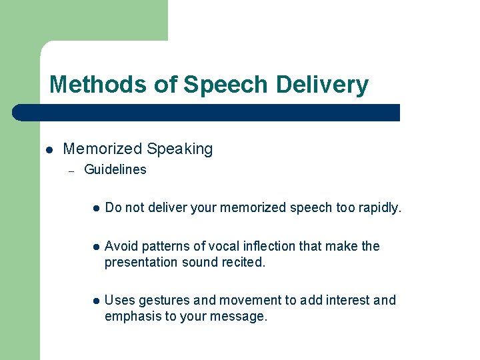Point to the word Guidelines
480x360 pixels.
(x=115, y=170)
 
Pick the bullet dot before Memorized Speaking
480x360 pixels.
(x=49, y=150)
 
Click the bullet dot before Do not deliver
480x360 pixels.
(x=96, y=209)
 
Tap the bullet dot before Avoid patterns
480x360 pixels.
(x=96, y=247)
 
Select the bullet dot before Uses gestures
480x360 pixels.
(x=96, y=301)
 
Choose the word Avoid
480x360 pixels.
(x=120, y=247)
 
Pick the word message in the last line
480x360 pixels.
(x=242, y=317)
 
